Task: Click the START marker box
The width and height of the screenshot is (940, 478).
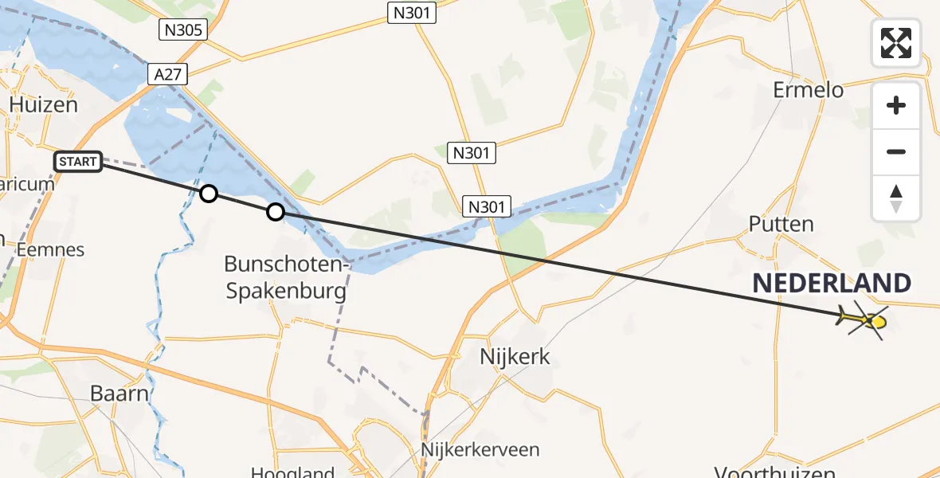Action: click(x=78, y=163)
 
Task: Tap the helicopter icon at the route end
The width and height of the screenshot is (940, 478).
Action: click(x=864, y=320)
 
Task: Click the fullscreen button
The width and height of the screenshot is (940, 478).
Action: click(x=896, y=43)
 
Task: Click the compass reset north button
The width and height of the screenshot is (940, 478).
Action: click(x=896, y=198)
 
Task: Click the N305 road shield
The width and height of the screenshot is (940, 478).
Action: click(x=183, y=31)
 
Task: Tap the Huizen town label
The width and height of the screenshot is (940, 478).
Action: click(x=44, y=105)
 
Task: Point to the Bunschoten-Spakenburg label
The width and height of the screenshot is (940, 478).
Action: click(x=286, y=277)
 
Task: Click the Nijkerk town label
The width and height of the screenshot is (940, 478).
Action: click(x=515, y=356)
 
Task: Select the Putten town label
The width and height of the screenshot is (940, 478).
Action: click(x=781, y=224)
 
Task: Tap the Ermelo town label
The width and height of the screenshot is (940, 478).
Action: click(x=808, y=90)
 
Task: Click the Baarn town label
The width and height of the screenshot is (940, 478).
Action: click(x=119, y=394)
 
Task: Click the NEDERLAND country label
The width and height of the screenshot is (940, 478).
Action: click(x=832, y=284)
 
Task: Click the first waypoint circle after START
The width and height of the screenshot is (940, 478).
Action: click(x=208, y=194)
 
